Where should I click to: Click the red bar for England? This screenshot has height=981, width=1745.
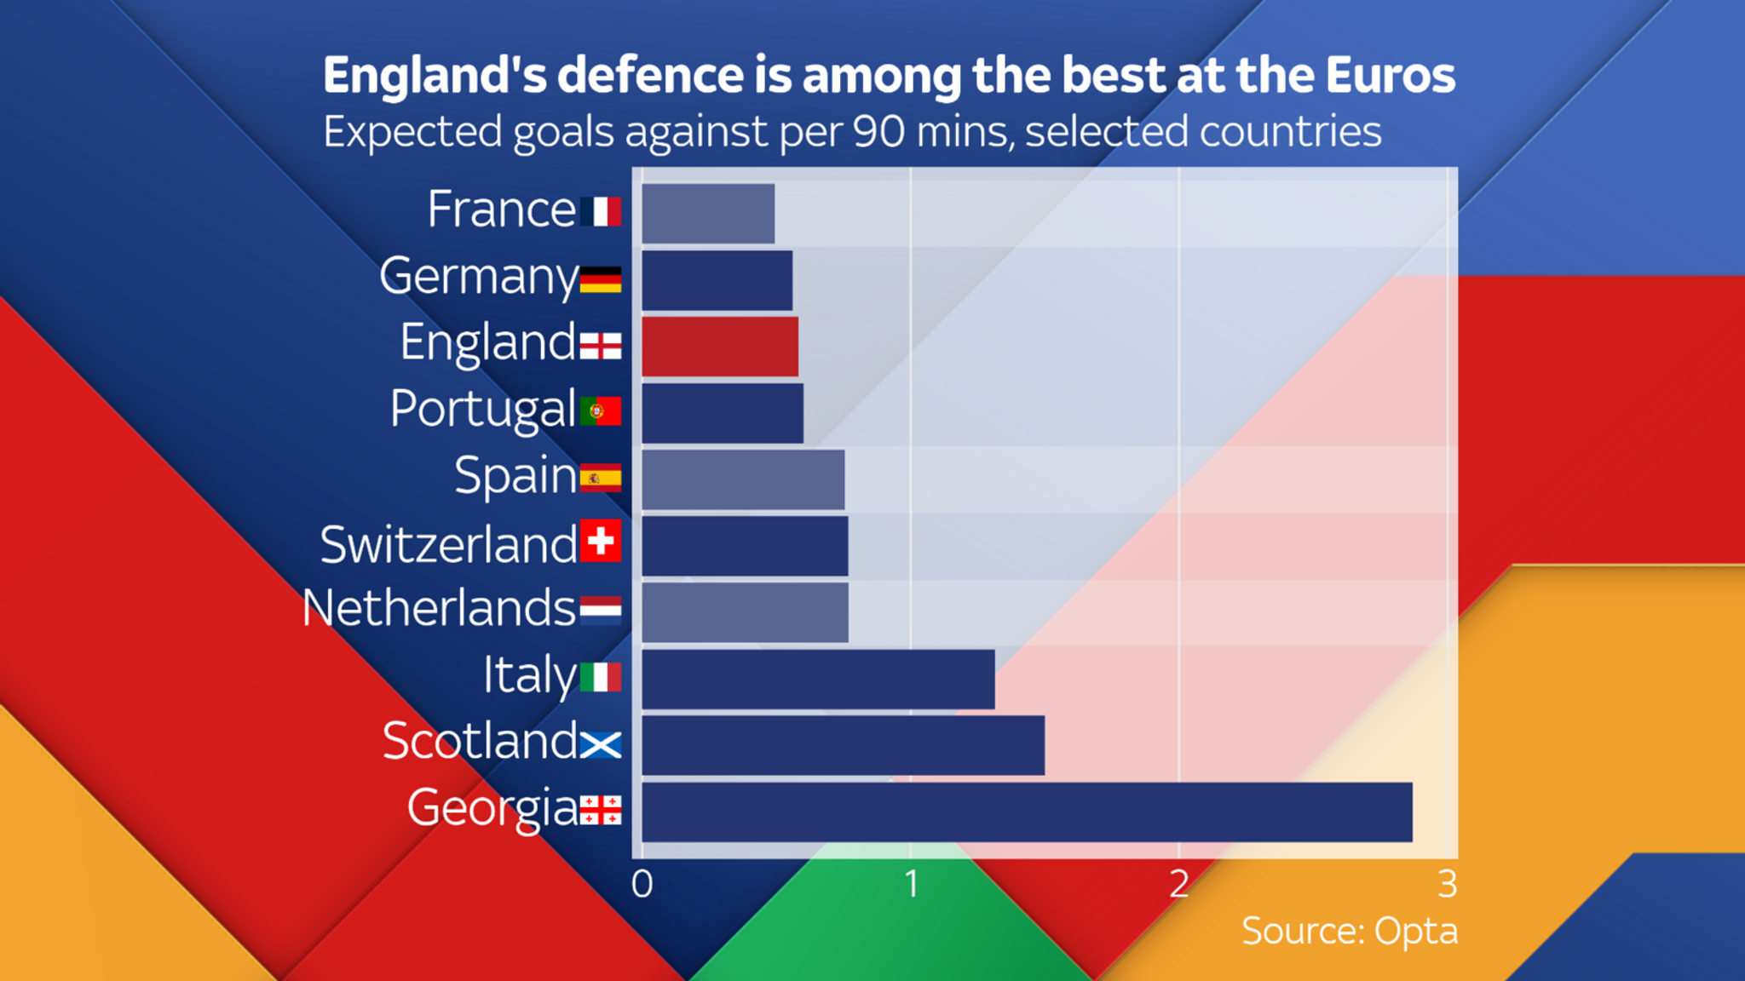[720, 347]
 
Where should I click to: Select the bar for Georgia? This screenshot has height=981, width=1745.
[1027, 812]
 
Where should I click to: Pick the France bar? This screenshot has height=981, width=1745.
[708, 214]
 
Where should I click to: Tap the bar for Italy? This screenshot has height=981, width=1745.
[818, 679]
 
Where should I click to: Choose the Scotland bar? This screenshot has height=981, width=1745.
[843, 745]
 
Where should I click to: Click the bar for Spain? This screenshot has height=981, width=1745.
[743, 479]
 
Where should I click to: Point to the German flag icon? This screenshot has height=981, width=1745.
[601, 279]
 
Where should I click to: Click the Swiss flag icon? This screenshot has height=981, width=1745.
[601, 541]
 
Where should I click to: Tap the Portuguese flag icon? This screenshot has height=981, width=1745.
[601, 411]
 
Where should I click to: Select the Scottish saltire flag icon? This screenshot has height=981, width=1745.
[601, 745]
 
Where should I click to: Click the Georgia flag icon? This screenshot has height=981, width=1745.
[601, 811]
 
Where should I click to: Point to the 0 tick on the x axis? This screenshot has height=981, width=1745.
[642, 885]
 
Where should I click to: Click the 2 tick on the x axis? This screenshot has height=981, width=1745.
[1179, 885]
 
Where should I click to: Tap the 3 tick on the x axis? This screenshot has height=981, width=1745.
[1447, 885]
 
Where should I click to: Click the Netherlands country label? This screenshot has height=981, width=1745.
[439, 609]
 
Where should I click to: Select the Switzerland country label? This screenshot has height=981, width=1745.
[448, 545]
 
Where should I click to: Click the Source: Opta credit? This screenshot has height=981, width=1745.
[1349, 931]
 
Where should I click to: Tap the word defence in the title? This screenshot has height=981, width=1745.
[651, 75]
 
